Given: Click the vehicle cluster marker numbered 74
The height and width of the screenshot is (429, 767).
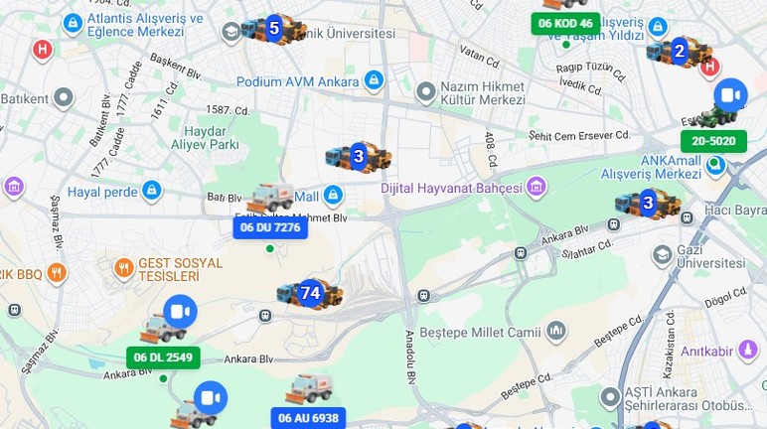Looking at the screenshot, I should (x=310, y=293).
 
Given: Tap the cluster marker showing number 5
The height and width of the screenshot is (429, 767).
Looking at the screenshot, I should (x=274, y=29).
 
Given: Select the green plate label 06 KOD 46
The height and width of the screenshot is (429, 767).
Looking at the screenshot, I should (x=565, y=23).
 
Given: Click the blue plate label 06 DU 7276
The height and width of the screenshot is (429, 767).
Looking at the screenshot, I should (x=270, y=227).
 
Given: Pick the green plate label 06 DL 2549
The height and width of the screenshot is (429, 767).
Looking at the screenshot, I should (x=163, y=357).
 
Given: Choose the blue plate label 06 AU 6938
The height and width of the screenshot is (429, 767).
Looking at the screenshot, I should (x=308, y=418).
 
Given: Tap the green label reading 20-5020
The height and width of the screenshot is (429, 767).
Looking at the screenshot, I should (x=713, y=141).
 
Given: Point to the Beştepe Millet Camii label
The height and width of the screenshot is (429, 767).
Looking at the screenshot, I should (x=491, y=331).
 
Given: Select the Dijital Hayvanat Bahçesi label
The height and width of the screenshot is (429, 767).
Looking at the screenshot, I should (x=451, y=188).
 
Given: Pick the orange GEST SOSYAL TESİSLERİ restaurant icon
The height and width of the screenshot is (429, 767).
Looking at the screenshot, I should (x=124, y=267).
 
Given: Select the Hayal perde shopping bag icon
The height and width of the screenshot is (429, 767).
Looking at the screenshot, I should (x=152, y=190).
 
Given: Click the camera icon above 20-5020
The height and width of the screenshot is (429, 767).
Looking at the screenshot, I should (x=730, y=95).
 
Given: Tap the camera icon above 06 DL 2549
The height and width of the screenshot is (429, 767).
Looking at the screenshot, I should (x=180, y=312).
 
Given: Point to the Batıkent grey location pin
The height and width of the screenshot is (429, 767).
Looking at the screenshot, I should (x=64, y=97).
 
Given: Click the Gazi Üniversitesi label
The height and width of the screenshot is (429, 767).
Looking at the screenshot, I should (x=711, y=255).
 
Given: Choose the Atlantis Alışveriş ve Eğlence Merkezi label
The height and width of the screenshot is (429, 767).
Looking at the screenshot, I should (x=145, y=25).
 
